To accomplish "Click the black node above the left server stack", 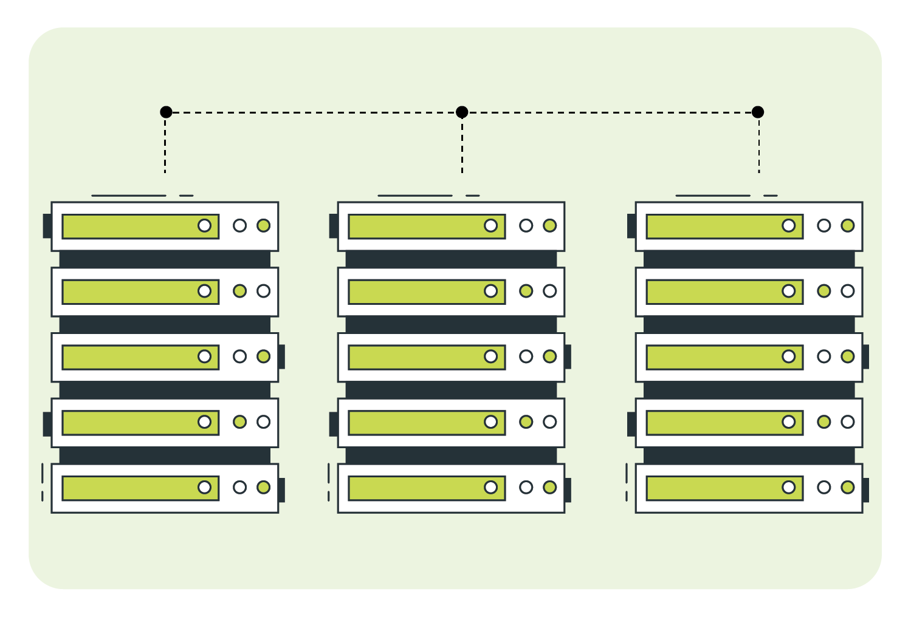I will [166, 112].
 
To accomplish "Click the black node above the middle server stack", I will [462, 112].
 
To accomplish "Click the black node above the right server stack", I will [757, 112].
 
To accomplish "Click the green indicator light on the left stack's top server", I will [263, 225].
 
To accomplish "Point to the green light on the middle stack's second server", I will [526, 291].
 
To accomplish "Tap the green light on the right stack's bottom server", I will [847, 487].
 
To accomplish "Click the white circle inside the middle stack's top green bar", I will [490, 225].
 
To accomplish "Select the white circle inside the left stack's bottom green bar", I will [204, 487].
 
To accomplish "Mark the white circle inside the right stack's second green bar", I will [788, 291].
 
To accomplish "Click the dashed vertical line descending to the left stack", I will [165, 146].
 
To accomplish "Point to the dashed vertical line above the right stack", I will [758, 146].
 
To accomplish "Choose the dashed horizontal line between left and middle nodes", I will [314, 112].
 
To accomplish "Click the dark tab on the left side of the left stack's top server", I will [47, 226].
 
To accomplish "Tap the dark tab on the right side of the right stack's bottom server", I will [865, 490].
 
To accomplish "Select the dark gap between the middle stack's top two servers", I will [451, 259].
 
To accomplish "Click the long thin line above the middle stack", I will [415, 196].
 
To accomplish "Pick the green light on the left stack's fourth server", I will [239, 421].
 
